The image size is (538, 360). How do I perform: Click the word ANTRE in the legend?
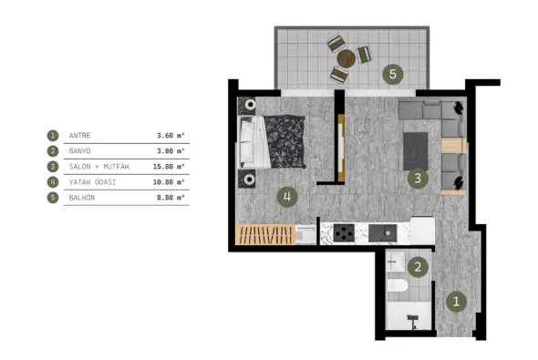[79, 136]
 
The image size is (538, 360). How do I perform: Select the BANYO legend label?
[79, 151]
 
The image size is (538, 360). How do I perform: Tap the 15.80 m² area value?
[169, 167]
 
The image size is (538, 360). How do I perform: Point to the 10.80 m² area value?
[169, 182]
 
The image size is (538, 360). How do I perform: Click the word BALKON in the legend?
[82, 198]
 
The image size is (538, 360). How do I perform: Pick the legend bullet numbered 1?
[53, 136]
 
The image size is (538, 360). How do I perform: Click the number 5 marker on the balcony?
[393, 74]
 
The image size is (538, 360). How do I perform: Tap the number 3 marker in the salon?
[418, 179]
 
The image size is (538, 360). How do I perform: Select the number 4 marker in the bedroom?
[287, 197]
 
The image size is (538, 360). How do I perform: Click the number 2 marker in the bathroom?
[418, 267]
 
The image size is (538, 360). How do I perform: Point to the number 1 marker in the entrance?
[456, 302]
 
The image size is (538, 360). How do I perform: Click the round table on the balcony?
[347, 58]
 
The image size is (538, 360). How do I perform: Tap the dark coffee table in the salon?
[416, 151]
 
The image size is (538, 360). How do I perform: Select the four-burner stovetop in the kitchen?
[344, 233]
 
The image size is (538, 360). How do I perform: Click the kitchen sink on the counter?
[383, 233]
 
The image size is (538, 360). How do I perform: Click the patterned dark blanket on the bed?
[285, 141]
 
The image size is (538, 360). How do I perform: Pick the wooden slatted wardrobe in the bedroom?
[265, 234]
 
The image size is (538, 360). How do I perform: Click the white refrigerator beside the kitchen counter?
[422, 231]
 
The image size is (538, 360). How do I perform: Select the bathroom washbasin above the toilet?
[396, 262]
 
